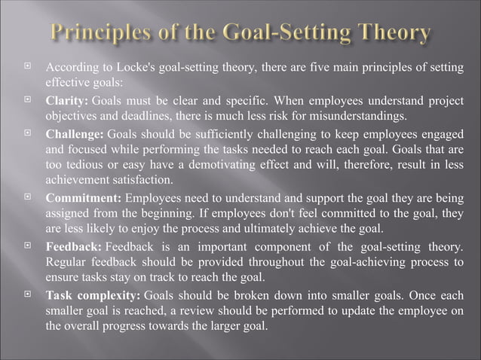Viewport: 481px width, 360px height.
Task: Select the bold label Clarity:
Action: pos(67,102)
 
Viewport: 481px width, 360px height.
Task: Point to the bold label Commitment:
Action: pos(83,199)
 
